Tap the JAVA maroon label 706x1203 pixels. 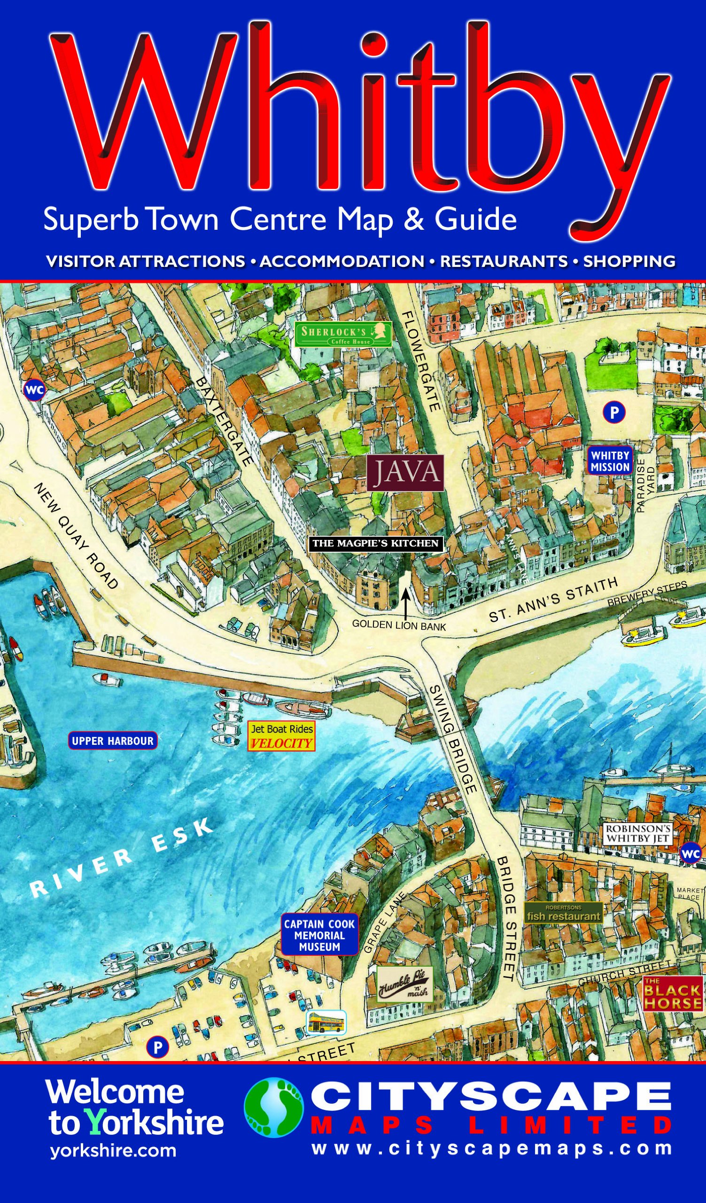click(x=405, y=473)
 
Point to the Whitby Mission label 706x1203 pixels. click(x=610, y=460)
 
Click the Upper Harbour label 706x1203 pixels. click(x=113, y=741)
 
